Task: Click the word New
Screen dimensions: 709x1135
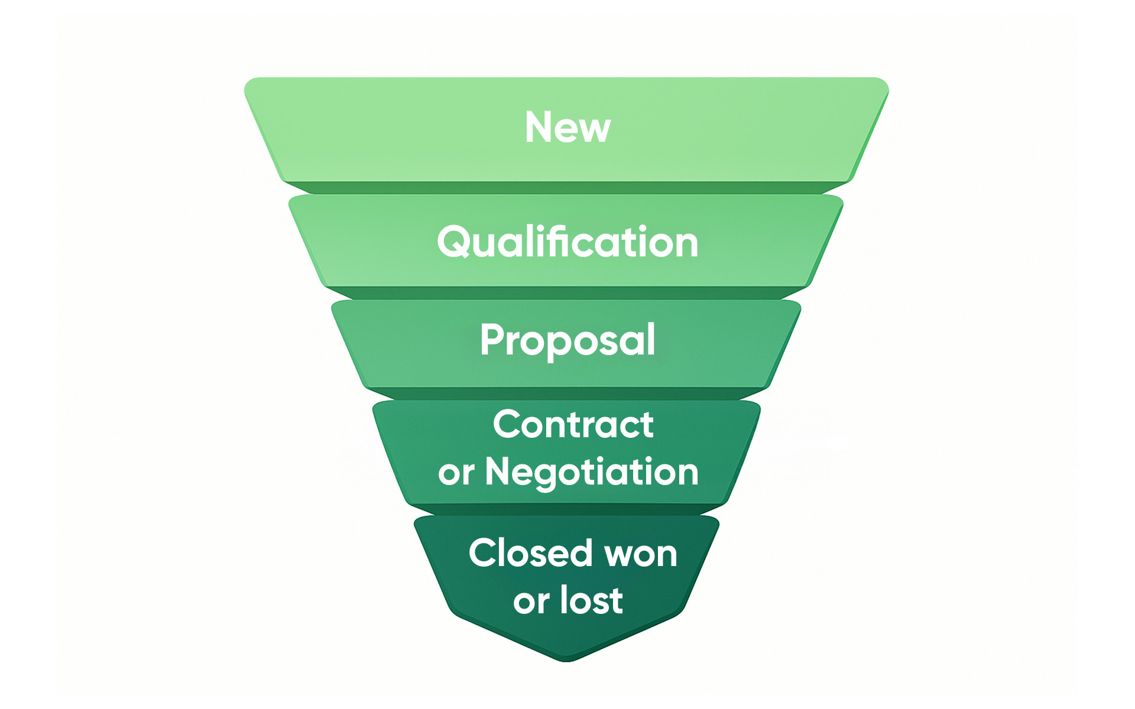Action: point(567,127)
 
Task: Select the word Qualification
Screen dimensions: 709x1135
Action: point(567,242)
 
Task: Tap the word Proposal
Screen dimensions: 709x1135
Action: point(567,340)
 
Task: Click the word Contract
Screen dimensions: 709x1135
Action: point(573,424)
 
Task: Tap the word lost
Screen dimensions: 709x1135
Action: point(592,600)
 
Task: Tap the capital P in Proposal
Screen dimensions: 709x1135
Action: point(492,340)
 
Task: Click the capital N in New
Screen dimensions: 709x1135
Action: point(539,127)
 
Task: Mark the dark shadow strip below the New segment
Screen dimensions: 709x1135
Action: point(566,188)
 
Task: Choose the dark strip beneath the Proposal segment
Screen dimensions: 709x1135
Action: point(566,393)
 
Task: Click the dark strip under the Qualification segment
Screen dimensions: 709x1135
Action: point(566,293)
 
